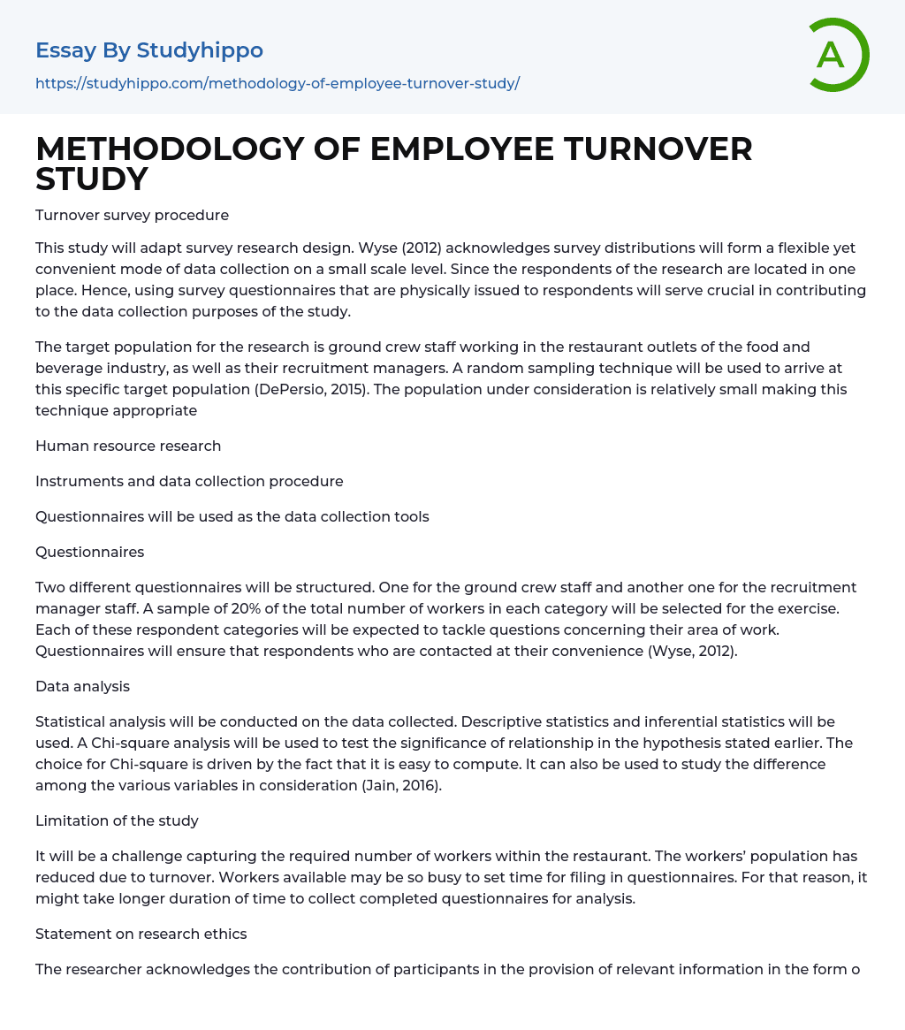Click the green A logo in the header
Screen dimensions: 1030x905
tap(834, 55)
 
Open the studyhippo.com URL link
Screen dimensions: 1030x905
tap(278, 83)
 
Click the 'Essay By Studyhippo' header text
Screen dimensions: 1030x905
tap(149, 50)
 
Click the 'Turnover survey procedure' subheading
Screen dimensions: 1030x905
tap(132, 215)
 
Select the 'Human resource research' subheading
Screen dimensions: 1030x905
tap(128, 446)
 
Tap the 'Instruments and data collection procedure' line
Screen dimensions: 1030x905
tap(189, 481)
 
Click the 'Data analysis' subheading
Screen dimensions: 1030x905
tap(82, 686)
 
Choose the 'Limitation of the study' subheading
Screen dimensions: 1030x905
tap(117, 820)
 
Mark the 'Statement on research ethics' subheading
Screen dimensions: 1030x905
tap(141, 934)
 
